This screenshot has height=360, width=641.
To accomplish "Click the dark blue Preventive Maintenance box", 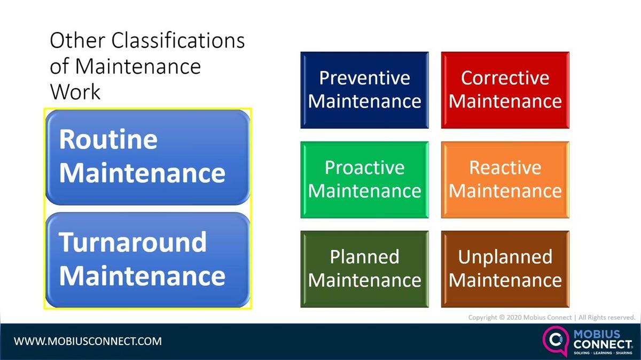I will pos(364,90).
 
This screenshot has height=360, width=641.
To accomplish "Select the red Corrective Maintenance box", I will pos(505,90).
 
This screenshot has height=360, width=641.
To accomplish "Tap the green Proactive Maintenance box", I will pos(364,179).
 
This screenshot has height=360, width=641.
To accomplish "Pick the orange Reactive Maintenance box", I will pos(505,179).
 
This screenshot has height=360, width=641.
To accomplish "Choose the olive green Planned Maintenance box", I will pos(364,269).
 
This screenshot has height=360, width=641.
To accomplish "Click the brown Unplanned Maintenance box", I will pos(505,269).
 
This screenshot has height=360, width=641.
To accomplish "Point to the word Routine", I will pos(108,139).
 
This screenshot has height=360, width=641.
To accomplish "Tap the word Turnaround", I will pos(132,242).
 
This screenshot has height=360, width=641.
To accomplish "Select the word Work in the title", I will pos(75,91).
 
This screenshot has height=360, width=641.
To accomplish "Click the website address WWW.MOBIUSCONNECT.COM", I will pos(88,341).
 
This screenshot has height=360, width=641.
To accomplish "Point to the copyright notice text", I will pos(551,317).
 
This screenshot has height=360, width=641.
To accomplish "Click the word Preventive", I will pos(364,78).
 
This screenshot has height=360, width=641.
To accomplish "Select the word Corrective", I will pos(505,78).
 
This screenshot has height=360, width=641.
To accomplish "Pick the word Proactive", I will pos(364,168).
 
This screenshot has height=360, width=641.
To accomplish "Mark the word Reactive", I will pos(505,168).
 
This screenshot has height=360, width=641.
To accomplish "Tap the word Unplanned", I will pos(505,257).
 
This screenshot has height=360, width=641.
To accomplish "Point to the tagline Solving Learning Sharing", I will pos(603,354).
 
